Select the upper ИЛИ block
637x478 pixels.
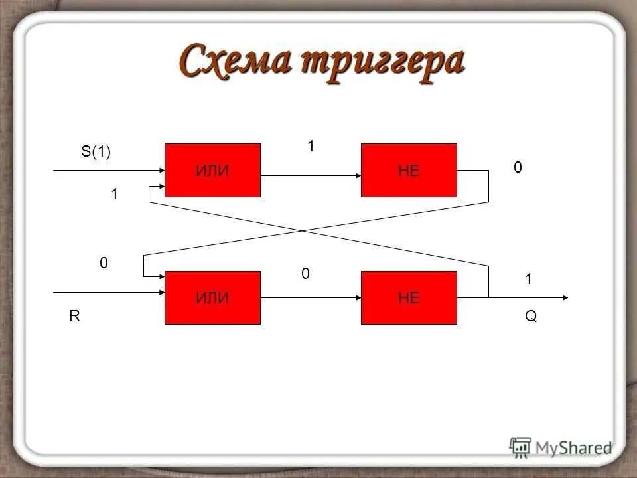click(212, 170)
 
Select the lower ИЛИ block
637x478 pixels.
click(212, 297)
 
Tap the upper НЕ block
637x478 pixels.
click(409, 170)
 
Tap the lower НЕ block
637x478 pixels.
click(409, 297)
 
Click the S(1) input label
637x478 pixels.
click(96, 152)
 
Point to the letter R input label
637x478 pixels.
click(74, 317)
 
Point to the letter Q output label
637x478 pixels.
click(531, 317)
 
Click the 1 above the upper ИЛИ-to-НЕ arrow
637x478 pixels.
click(310, 146)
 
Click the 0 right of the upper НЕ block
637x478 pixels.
click(518, 169)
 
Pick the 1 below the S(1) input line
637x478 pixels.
click(114, 194)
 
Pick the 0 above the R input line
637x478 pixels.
click(104, 263)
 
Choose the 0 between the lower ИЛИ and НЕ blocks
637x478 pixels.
click(305, 273)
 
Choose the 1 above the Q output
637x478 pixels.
click(529, 279)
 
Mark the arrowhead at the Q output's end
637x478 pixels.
click(564, 297)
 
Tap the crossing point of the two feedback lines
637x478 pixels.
click(303, 231)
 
